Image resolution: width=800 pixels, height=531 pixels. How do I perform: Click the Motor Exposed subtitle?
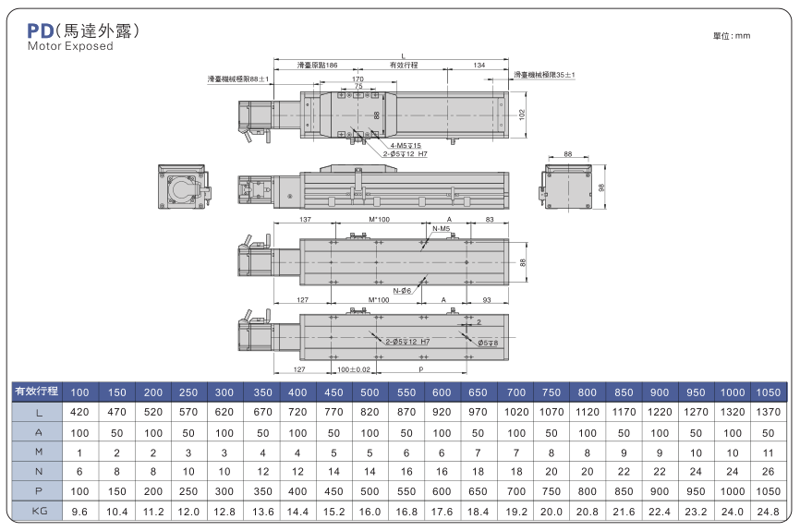[x=70, y=45]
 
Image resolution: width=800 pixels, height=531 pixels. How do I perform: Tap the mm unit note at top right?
[x=732, y=35]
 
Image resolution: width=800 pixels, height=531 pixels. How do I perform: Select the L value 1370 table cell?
[x=769, y=412]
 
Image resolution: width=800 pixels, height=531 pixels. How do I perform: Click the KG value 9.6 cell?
[x=79, y=509]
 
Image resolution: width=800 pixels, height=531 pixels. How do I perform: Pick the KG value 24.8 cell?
[x=769, y=509]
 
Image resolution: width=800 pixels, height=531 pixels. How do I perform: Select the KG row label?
[x=36, y=509]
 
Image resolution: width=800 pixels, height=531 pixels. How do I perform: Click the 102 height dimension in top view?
[x=522, y=115]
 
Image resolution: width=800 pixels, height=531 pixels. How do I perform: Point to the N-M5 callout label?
[x=441, y=228]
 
